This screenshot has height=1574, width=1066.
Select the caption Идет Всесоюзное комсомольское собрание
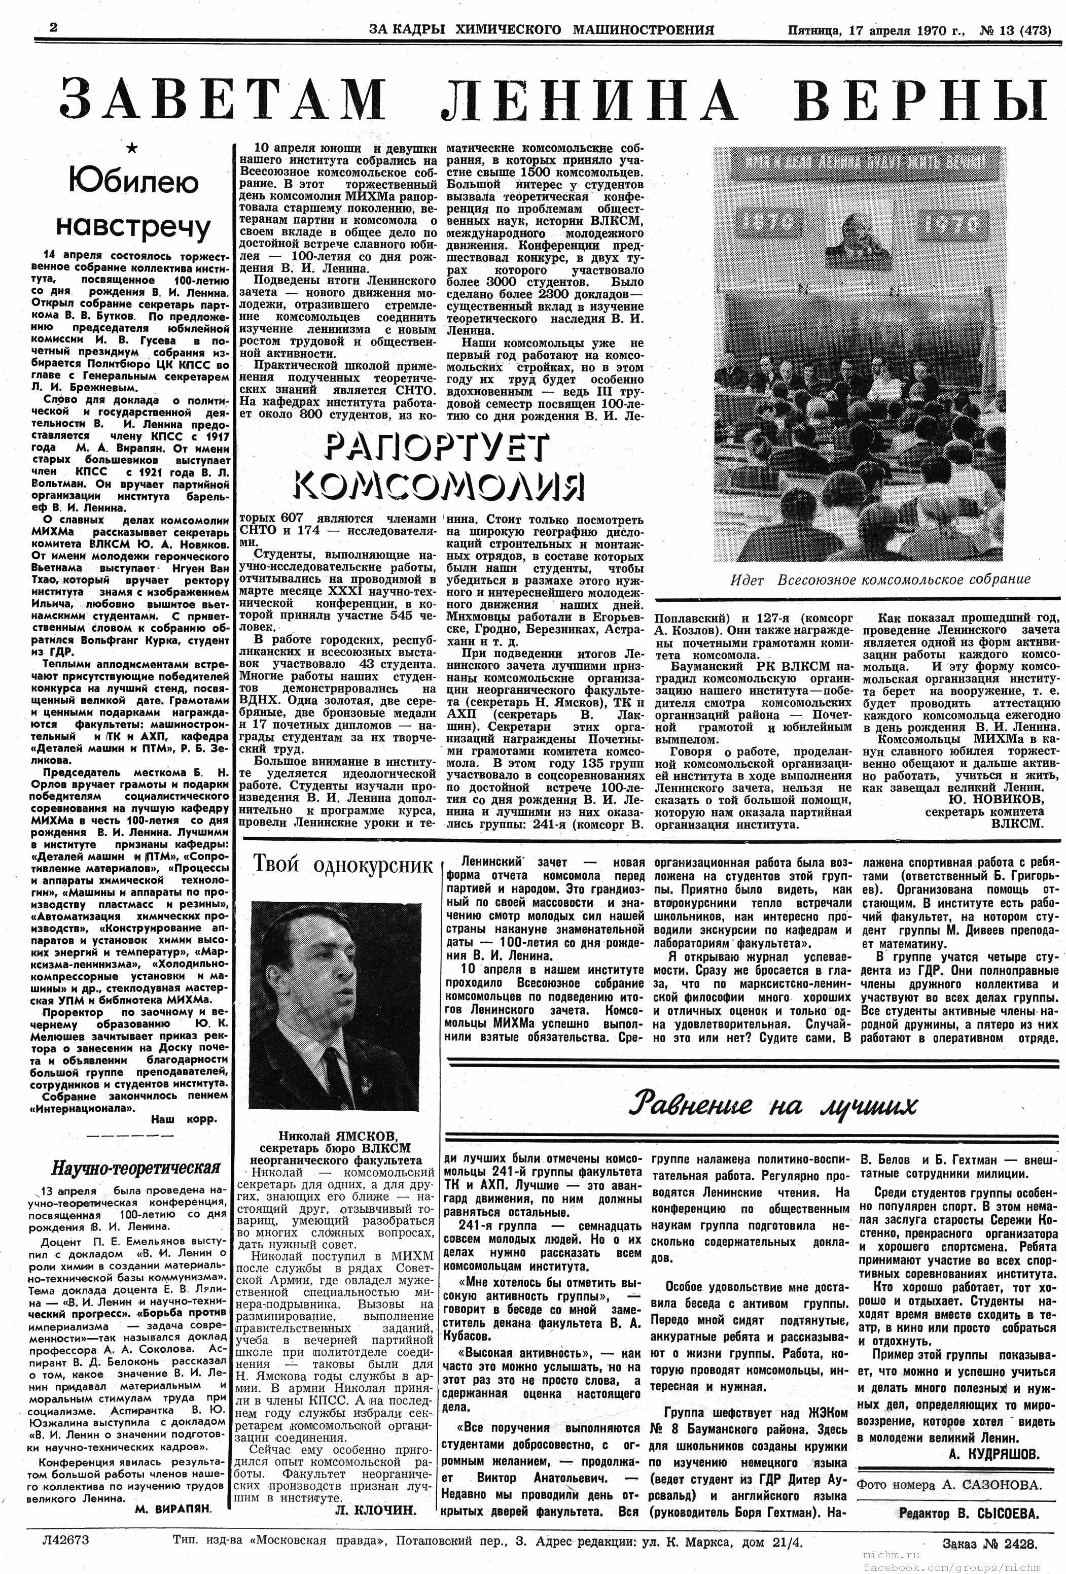(880, 579)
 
